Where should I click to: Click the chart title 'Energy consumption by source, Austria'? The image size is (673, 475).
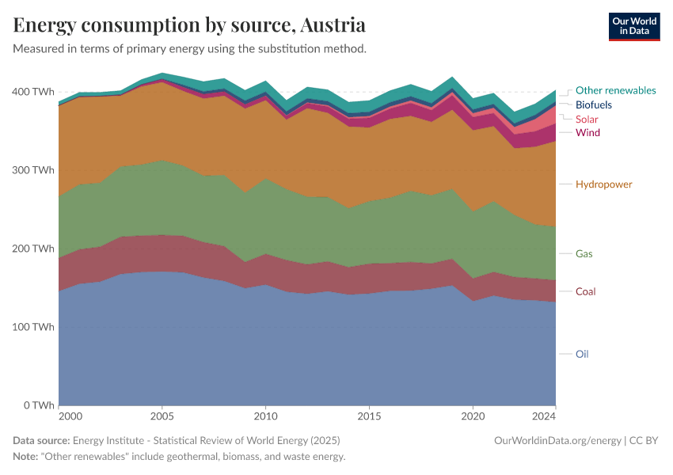[x=189, y=25]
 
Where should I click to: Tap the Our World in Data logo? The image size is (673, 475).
[x=633, y=26]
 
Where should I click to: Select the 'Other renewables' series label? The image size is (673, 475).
[x=615, y=90]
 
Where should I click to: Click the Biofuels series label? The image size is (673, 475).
[x=593, y=104]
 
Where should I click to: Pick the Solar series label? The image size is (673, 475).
[x=587, y=119]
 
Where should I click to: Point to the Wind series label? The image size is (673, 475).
[x=587, y=132]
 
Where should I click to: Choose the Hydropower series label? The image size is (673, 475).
[x=603, y=184]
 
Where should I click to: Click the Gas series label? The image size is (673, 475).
[x=584, y=254]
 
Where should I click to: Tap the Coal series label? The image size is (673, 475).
[x=585, y=291]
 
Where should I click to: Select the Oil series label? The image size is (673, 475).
[x=582, y=354]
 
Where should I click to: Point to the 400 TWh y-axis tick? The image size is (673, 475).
[x=33, y=92]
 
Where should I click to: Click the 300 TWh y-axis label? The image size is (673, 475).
[x=33, y=170]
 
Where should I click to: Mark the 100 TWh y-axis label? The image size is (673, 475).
[x=33, y=327]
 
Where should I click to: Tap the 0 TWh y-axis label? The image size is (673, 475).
[x=38, y=405]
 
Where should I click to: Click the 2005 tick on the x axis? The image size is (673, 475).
[x=162, y=416]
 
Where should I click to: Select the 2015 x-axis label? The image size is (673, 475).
[x=369, y=416]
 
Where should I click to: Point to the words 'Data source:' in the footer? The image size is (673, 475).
[x=41, y=440]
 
